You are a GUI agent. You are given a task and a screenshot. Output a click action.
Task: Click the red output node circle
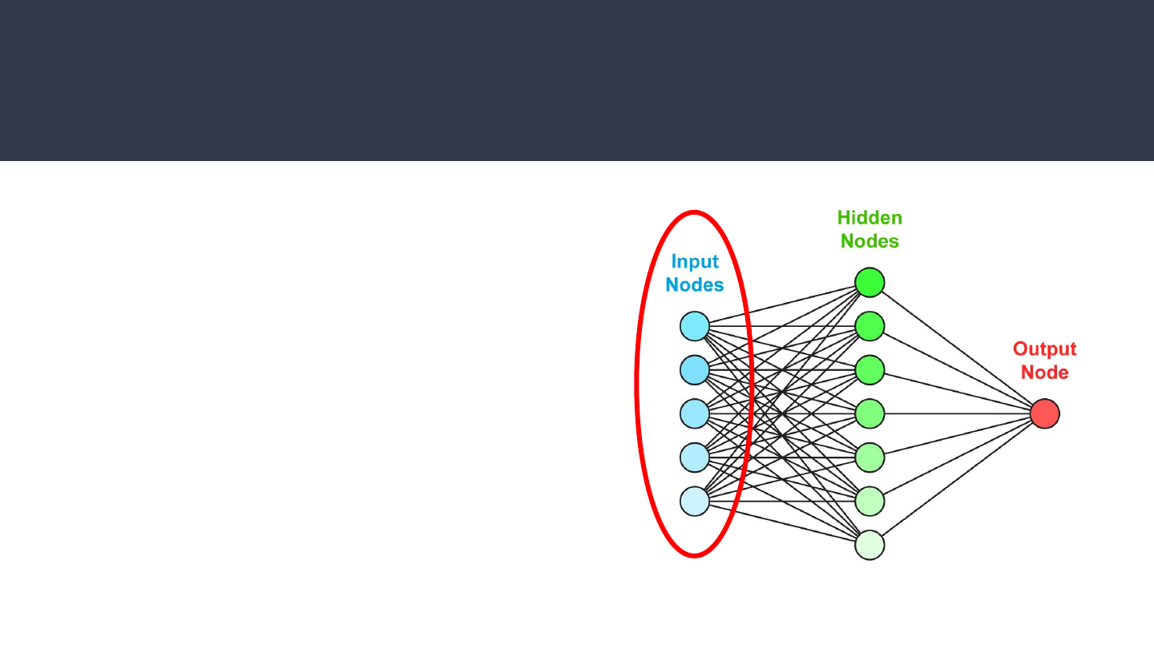[1045, 413]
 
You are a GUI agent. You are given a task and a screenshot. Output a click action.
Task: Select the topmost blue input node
[695, 326]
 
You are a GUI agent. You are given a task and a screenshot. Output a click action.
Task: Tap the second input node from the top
[695, 369]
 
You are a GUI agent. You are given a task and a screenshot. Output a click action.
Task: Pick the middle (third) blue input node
[695, 413]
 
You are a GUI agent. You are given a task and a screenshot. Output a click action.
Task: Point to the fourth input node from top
[695, 457]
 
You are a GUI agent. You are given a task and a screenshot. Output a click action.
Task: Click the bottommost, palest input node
[695, 501]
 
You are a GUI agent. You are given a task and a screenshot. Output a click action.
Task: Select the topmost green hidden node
[870, 282]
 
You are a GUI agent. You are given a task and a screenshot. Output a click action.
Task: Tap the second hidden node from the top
[870, 326]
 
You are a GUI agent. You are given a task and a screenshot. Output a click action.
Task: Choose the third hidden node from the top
[870, 369]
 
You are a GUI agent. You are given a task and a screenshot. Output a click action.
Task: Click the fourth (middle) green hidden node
[870, 413]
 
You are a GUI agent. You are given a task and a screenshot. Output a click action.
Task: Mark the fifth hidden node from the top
[870, 457]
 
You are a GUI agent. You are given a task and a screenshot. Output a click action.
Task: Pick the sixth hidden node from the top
[870, 501]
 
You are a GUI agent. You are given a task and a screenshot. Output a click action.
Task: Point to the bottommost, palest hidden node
[870, 545]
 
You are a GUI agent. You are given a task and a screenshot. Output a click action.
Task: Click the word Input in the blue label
[695, 262]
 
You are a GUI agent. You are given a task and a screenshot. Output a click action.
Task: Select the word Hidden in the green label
[870, 218]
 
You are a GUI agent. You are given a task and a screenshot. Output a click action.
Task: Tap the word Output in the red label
[1044, 349]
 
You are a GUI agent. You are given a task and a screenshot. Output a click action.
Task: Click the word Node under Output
[1044, 373]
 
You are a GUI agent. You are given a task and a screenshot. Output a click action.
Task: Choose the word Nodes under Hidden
[870, 241]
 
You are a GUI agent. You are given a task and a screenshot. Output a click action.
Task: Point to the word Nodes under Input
[695, 285]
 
